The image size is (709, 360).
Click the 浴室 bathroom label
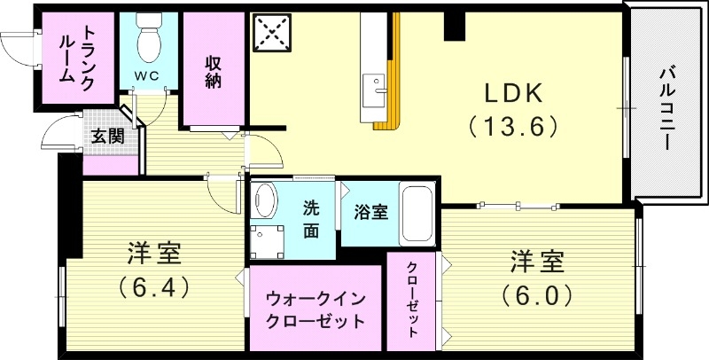(370, 213)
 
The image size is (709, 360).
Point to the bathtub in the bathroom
(417, 214)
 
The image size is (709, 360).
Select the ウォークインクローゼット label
(316, 309)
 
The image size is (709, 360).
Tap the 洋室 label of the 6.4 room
(152, 254)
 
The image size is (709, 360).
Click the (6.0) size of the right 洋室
(537, 293)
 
